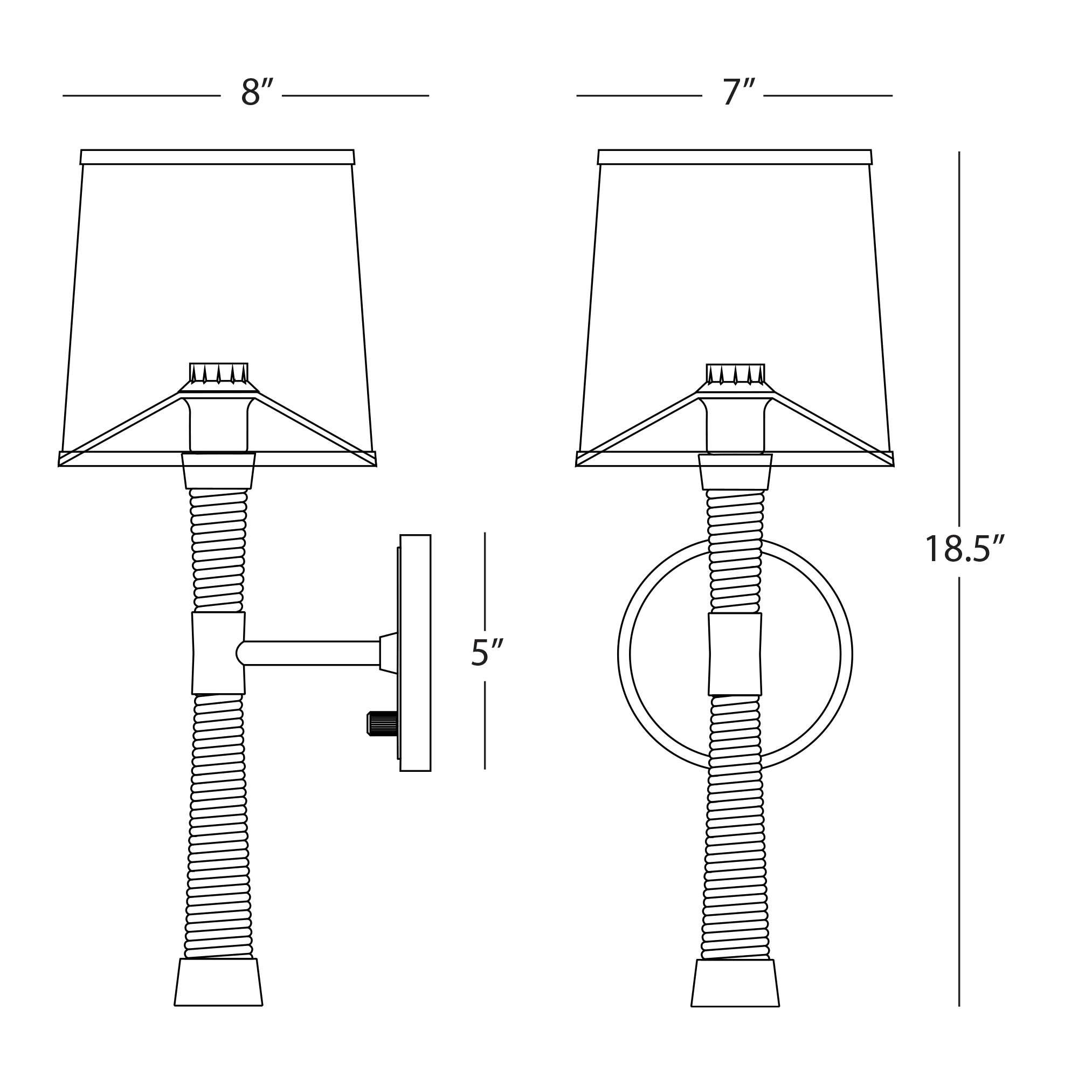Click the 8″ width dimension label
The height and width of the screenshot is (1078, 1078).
click(257, 92)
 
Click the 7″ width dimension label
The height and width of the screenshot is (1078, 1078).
click(739, 92)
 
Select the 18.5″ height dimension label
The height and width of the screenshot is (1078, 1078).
click(965, 549)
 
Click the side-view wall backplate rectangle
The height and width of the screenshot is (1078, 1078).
click(415, 653)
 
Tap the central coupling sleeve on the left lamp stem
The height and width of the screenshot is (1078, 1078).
click(218, 653)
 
